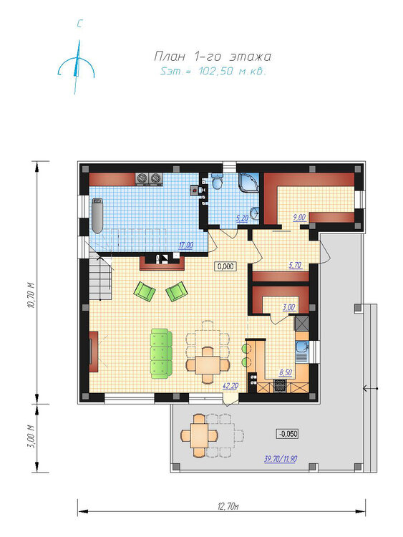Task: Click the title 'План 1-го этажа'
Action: tap(213, 56)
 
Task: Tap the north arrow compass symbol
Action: tap(77, 67)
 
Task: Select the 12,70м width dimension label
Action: tap(228, 506)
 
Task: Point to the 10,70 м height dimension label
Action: tap(31, 296)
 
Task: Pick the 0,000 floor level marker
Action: tap(225, 266)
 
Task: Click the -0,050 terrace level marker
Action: tap(288, 434)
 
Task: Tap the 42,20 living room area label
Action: tap(230, 386)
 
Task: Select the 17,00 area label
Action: tap(186, 245)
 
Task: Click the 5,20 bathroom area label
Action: tap(242, 218)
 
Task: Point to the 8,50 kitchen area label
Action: tap(286, 372)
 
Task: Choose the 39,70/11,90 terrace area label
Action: tap(281, 458)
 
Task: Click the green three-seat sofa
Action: tap(161, 354)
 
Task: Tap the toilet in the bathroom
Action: tap(217, 181)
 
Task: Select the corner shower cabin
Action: tap(249, 183)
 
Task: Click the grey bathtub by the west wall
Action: tap(97, 216)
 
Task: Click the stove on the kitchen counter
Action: tap(280, 386)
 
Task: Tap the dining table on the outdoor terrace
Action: tap(199, 435)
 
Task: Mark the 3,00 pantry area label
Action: tap(288, 308)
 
